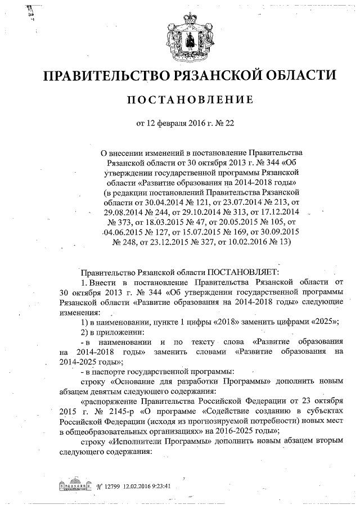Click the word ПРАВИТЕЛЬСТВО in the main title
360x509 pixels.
[111, 75]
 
